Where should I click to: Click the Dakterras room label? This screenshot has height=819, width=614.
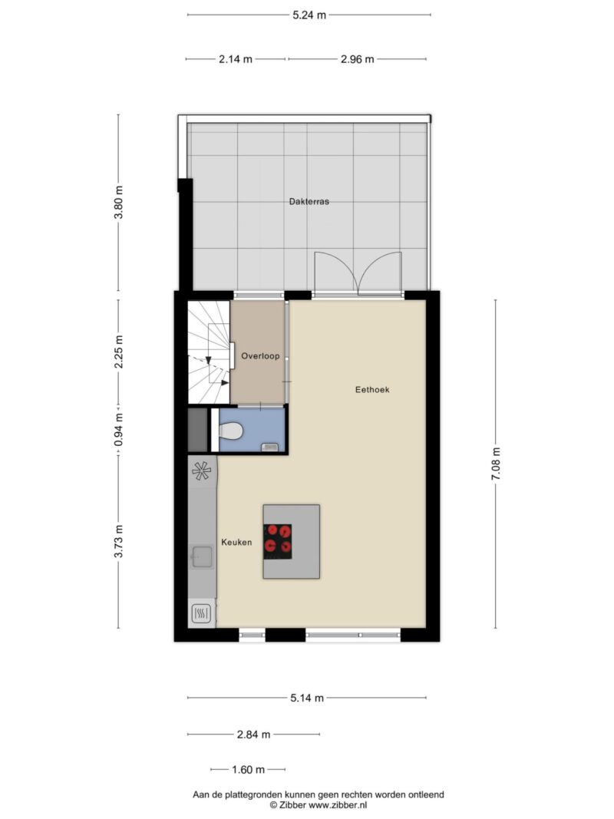point(309,202)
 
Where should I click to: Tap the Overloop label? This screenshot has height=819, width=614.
point(260,356)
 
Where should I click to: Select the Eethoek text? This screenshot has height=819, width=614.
point(372,390)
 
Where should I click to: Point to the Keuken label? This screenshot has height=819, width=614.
point(236,543)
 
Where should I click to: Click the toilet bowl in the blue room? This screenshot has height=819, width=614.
point(230,432)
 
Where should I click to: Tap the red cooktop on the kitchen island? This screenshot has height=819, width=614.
point(277,540)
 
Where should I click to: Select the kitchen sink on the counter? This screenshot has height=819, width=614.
point(202,556)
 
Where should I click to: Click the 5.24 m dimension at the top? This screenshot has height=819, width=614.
point(309,15)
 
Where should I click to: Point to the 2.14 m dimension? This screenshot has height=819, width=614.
point(236,60)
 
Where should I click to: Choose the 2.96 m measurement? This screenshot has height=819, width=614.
point(358,60)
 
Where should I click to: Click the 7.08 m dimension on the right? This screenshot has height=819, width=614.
point(496,464)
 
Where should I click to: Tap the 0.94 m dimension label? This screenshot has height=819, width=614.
point(119,430)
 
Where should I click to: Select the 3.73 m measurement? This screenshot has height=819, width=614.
point(119,540)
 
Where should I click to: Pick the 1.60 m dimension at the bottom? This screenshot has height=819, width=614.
point(249,770)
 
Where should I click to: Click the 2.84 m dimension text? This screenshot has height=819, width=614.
point(254,735)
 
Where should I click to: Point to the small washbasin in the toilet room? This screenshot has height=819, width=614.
point(269,447)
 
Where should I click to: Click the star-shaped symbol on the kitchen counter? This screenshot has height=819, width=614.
point(202,471)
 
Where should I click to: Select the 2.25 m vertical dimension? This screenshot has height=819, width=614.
point(119,352)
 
